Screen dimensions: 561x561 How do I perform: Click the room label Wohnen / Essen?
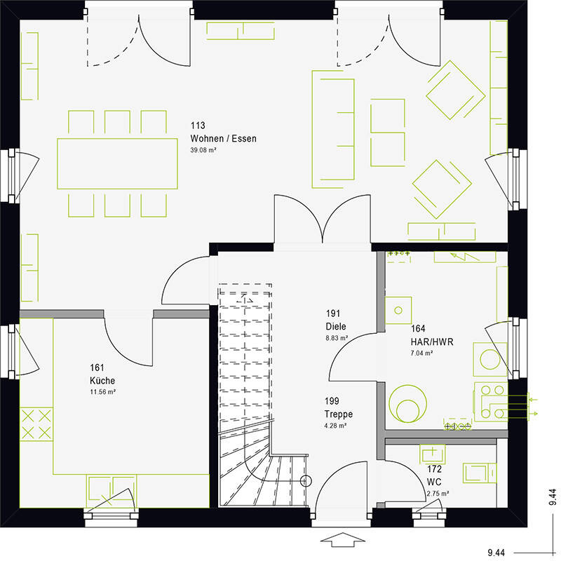tap(223, 139)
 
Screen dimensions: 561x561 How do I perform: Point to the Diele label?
tap(335, 326)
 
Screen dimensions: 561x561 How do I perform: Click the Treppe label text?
tap(337, 413)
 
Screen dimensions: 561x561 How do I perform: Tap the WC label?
tap(434, 482)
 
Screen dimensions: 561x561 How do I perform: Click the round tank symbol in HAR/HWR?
tap(407, 405)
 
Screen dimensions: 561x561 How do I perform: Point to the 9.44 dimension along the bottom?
tap(501, 553)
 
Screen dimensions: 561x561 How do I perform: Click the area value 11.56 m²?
tap(102, 391)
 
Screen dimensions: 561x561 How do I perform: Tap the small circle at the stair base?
tap(304, 481)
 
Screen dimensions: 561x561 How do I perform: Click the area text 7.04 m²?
tap(422, 353)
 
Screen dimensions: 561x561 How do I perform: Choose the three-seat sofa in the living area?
tap(334, 126)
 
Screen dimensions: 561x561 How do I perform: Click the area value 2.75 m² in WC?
tap(438, 494)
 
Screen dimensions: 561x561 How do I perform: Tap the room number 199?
tap(332, 401)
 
